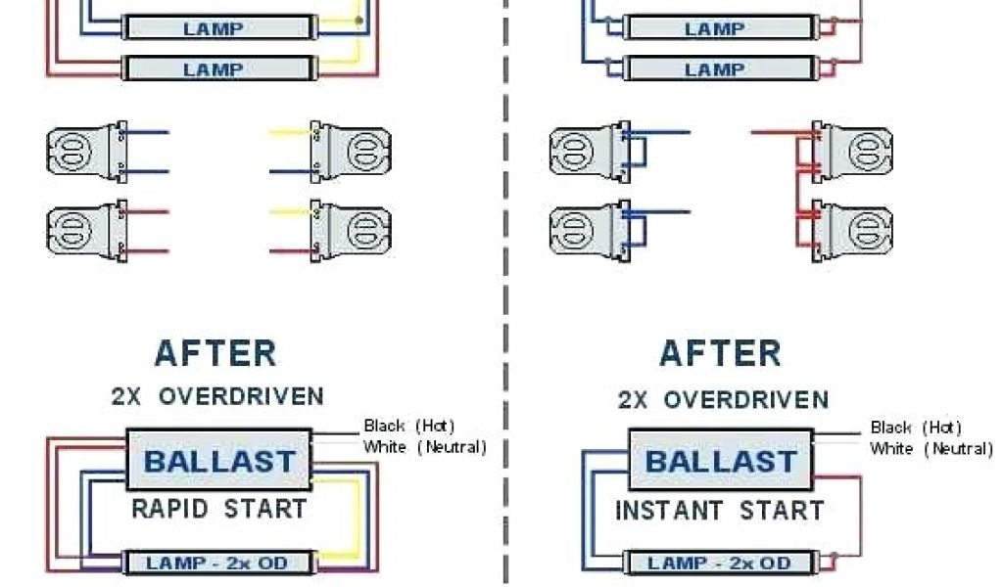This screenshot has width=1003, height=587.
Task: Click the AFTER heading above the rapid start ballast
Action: coord(215,352)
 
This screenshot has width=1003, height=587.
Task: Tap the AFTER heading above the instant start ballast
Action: coord(720,352)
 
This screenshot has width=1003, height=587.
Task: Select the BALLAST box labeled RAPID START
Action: coord(219,459)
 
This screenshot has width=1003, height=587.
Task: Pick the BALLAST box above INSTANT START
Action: coord(722,461)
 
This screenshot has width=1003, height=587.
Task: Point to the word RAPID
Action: coord(173,510)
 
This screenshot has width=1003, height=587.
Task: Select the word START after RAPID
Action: coord(265,510)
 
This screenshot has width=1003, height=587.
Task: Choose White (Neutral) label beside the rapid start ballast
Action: coord(424,447)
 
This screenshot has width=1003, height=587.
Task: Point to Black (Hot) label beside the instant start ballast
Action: coord(916,428)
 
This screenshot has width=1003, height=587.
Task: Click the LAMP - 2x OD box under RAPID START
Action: coord(219,563)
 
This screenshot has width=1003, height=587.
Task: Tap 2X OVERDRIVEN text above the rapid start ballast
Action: coord(216,396)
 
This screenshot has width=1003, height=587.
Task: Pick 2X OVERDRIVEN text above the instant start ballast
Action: coord(723,399)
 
